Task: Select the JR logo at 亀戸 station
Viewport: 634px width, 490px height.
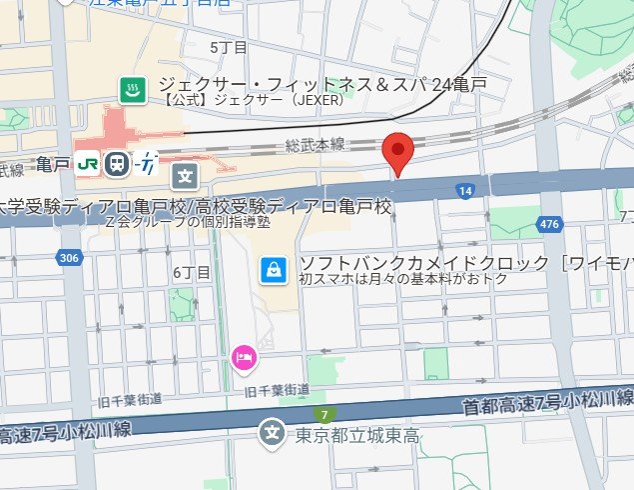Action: coord(87,163)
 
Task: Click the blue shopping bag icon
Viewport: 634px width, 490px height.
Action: coord(272,267)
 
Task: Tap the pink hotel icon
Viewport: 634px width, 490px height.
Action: coord(243,356)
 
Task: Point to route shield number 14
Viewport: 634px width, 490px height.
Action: coord(464,190)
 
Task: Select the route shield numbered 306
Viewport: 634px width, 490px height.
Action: coord(68,258)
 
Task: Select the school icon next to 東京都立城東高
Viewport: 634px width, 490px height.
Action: coord(271,433)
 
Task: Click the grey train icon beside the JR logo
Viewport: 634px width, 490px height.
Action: coord(117,163)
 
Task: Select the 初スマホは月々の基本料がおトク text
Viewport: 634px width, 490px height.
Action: coord(403,279)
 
